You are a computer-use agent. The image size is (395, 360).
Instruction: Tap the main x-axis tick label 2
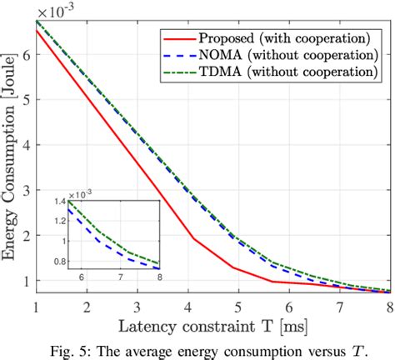click(x=83, y=307)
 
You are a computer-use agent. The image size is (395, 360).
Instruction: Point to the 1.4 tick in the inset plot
click(x=57, y=202)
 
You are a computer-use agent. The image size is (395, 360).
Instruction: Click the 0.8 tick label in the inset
click(x=57, y=262)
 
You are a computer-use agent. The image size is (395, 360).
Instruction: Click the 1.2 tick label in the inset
click(x=57, y=221)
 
